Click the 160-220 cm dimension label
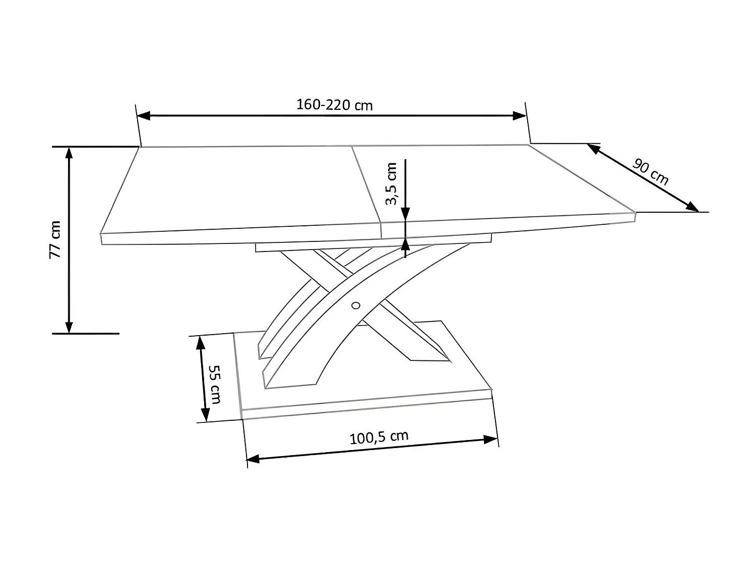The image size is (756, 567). click(334, 105)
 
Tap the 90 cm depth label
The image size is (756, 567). click(651, 172)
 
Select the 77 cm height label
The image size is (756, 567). click(55, 239)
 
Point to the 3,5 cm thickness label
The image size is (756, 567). click(391, 184)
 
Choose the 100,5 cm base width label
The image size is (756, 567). click(379, 437)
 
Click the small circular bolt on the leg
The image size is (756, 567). click(356, 305)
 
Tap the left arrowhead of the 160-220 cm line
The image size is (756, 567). click(144, 116)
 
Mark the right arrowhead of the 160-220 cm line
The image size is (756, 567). click(520, 115)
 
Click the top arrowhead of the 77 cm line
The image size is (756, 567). click(69, 153)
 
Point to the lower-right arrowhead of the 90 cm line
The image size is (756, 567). click(692, 207)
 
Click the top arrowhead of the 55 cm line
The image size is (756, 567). click(200, 343)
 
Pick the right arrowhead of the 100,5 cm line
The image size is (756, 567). click(490, 439)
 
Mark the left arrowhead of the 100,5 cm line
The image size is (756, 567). click(252, 459)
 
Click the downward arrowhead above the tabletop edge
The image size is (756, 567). click(405, 215)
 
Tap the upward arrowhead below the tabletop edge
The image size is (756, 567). click(405, 244)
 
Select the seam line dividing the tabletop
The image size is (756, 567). click(366, 184)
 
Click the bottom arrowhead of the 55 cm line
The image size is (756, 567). click(205, 415)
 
